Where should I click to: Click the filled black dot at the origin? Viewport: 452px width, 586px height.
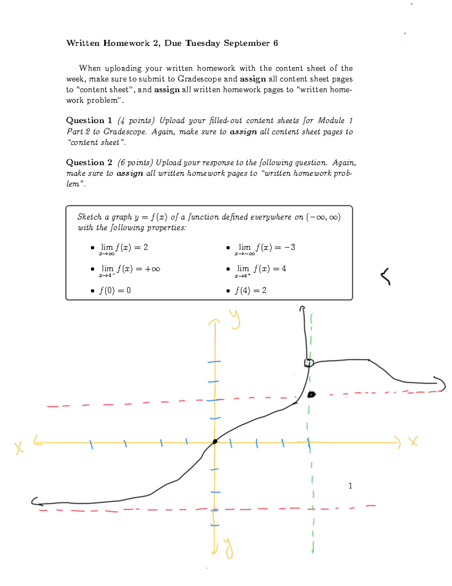pos(215,441)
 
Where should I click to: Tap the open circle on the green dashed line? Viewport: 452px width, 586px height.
pos(309,363)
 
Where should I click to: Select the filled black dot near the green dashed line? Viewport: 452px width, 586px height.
pos(311,395)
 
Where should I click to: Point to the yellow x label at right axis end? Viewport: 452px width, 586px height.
pos(414,441)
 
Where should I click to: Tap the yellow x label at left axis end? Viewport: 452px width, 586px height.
pos(19,448)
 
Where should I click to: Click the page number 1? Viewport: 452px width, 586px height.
pos(350,486)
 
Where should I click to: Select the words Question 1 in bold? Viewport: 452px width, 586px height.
pos(89,120)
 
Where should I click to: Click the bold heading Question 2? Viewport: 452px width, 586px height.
pos(89,162)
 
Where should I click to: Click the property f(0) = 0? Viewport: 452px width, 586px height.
pos(115,290)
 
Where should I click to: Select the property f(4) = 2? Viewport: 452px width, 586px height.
pos(250,290)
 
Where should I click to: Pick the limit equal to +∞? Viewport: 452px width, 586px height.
pos(130,269)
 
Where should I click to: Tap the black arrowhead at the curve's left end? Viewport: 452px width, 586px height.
pos(35,501)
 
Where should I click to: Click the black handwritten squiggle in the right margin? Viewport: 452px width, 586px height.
pos(385,276)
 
